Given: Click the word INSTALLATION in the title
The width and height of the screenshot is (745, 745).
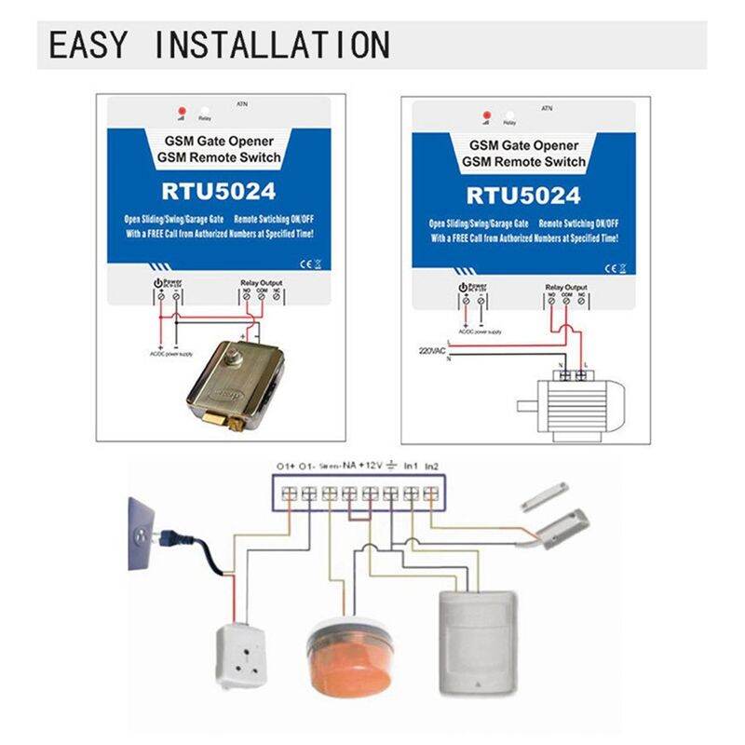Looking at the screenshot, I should [x=270, y=44].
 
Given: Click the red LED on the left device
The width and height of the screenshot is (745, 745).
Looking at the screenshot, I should [x=181, y=111].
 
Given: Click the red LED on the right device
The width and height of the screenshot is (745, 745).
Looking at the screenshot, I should [x=485, y=115].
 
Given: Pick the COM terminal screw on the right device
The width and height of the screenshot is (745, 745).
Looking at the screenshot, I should [x=566, y=301].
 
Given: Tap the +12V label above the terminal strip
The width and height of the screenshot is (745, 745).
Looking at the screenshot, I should [x=373, y=464].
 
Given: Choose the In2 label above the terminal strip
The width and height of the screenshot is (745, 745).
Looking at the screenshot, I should [x=431, y=464].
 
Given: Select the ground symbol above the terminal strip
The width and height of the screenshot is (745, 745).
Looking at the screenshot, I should [x=394, y=463].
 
